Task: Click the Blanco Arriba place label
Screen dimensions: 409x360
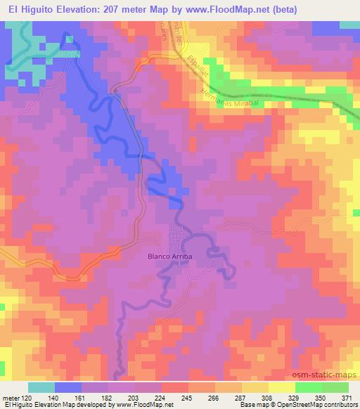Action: pyautogui.click(x=169, y=257)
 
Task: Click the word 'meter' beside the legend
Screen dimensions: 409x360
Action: pyautogui.click(x=10, y=397)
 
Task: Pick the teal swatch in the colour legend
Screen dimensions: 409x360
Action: pyautogui.click(x=41, y=387)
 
